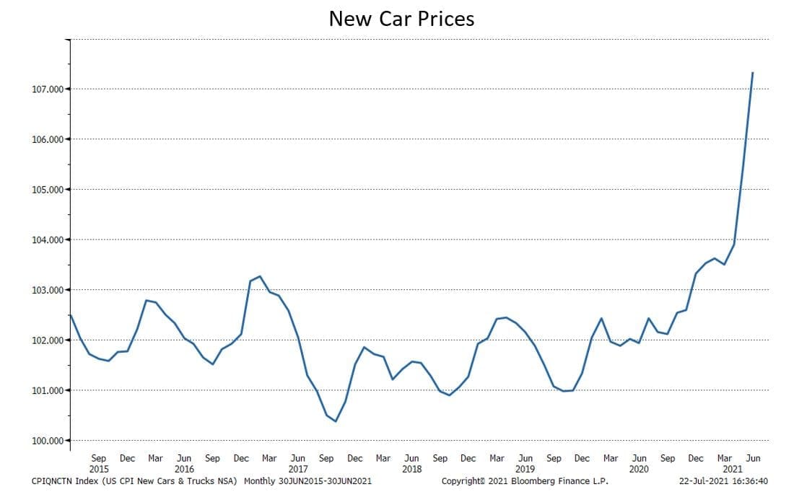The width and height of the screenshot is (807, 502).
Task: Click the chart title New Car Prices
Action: (x=401, y=19)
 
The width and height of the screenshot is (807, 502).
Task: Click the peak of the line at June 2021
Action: (x=753, y=72)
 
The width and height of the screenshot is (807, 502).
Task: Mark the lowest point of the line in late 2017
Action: (x=336, y=421)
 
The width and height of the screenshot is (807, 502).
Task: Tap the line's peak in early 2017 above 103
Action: (x=260, y=276)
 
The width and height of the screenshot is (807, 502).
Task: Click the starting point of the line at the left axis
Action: (x=71, y=315)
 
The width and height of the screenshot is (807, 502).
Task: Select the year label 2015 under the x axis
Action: (x=99, y=469)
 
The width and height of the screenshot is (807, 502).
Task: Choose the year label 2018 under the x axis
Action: (x=411, y=469)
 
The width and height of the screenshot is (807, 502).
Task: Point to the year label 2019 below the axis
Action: (x=525, y=469)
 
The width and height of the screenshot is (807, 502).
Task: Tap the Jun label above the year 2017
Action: (x=297, y=458)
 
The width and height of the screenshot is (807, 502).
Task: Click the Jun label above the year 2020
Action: (x=639, y=458)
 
